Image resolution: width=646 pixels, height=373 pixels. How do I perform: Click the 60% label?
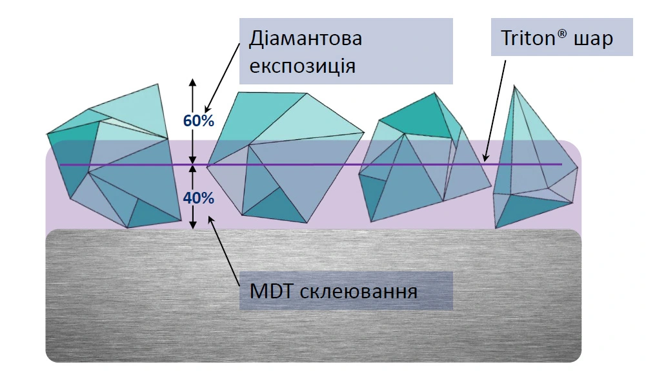coord(198,120)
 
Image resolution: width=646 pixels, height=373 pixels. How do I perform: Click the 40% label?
coord(198,198)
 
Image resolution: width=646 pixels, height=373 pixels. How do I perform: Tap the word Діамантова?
coord(305,38)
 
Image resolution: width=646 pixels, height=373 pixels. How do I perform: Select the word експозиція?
coord(302,66)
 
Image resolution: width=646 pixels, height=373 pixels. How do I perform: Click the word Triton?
coord(528,38)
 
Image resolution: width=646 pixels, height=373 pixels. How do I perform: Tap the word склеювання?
coord(358,292)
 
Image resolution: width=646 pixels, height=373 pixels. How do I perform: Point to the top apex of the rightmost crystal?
coord(514,86)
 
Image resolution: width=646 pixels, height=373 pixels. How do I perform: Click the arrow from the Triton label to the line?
coord(495,111)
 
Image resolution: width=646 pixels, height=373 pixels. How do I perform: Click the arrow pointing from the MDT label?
coord(224,251)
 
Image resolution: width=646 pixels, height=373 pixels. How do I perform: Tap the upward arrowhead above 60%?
coord(192,82)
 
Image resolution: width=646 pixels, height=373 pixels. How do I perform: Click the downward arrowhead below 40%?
coord(192,225)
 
